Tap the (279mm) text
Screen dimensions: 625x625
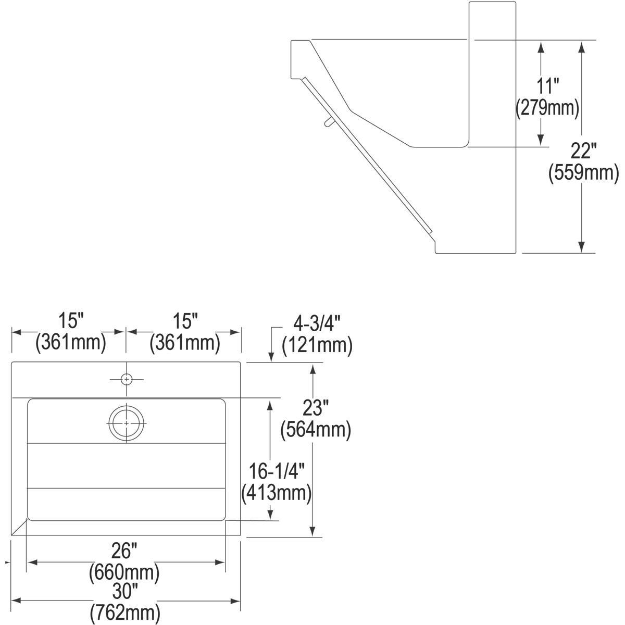pyautogui.click(x=547, y=108)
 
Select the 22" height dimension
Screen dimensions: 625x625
pyautogui.click(x=583, y=152)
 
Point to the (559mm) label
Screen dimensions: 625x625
pyautogui.click(x=583, y=173)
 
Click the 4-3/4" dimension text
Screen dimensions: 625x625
pyautogui.click(x=317, y=323)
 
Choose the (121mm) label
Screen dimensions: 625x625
pyautogui.click(x=317, y=345)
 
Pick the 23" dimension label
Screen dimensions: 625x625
pyautogui.click(x=315, y=408)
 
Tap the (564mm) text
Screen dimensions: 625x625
pyautogui.click(x=315, y=430)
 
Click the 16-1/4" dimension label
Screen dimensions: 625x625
pyautogui.click(x=277, y=471)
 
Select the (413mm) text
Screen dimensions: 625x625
pyautogui.click(x=277, y=493)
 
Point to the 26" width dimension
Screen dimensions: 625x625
pyautogui.click(x=124, y=551)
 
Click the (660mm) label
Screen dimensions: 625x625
pyautogui.click(x=124, y=573)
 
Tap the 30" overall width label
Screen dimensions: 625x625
pyautogui.click(x=125, y=591)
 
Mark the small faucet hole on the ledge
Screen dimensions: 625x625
pyautogui.click(x=126, y=380)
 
